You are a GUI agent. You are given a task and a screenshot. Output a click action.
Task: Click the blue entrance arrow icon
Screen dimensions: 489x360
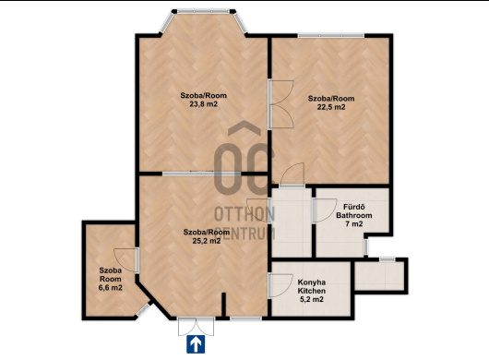click(196, 344)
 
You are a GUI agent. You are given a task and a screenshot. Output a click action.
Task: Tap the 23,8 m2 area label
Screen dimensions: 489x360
click(203, 104)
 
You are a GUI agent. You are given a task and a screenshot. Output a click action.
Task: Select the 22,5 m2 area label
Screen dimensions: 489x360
click(331, 107)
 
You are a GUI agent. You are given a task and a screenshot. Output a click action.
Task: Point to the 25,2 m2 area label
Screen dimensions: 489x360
click(207, 241)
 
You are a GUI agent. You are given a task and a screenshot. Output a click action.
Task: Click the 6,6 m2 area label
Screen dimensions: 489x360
click(111, 288)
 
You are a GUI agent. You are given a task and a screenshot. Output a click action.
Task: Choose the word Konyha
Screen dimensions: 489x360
click(312, 282)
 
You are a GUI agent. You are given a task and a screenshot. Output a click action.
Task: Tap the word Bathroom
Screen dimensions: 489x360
click(354, 215)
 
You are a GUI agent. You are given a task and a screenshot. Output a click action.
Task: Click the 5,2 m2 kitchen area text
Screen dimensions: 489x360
click(312, 299)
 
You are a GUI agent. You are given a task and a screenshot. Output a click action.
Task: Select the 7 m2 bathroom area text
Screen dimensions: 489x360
click(354, 223)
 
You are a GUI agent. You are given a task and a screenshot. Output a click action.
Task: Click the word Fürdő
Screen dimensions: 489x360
click(354, 207)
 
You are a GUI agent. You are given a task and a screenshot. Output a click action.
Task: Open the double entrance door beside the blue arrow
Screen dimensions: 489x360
click(197, 327)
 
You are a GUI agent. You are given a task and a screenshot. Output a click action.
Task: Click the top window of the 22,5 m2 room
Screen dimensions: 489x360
click(331, 36)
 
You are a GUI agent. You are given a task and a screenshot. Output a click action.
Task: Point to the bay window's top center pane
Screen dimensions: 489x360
click(203, 12)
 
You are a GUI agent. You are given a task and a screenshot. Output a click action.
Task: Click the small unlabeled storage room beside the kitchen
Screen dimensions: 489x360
click(379, 276)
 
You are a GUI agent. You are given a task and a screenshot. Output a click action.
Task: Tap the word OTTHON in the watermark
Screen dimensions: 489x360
click(244, 214)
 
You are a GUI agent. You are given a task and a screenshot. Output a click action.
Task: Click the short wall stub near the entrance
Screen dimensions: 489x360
click(223, 305)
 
